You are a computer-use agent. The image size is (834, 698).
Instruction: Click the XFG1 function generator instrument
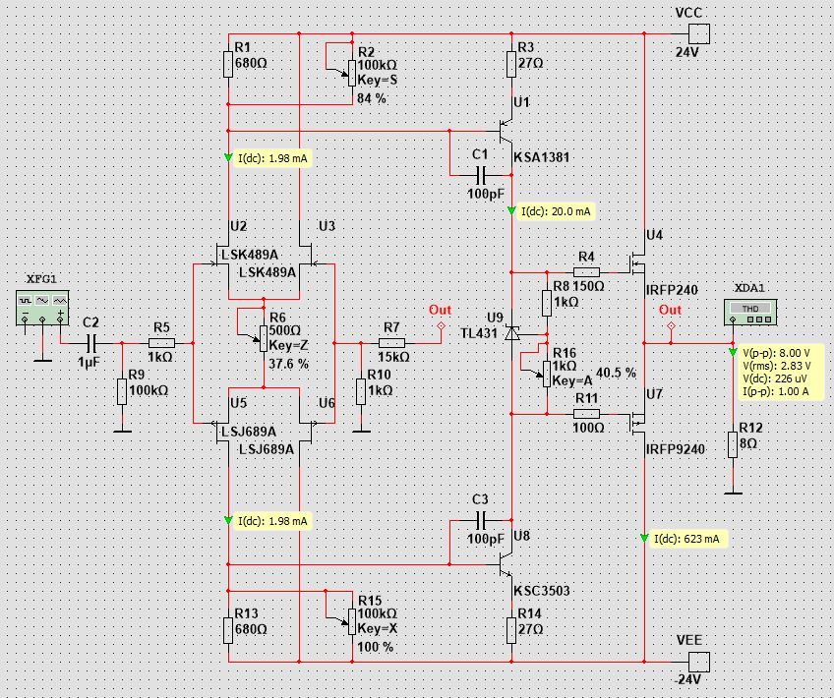tap(42, 306)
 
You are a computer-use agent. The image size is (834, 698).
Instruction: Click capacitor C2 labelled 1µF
tap(90, 342)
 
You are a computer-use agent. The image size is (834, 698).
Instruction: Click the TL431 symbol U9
tap(511, 333)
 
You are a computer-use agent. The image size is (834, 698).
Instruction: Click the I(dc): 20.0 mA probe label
tap(556, 211)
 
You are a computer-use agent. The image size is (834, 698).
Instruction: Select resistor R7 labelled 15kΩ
tap(391, 342)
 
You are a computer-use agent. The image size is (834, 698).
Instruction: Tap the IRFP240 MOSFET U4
tap(637, 263)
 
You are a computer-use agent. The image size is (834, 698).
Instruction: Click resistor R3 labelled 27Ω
tap(511, 64)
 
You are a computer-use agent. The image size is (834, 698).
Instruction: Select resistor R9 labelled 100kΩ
tap(121, 390)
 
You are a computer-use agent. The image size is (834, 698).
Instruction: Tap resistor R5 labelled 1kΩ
tap(161, 342)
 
